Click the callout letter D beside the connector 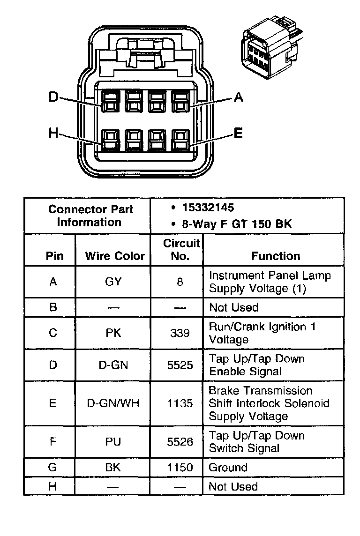coord(54,97)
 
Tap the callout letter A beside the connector coord(238,97)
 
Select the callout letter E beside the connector coord(238,134)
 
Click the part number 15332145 coord(208,208)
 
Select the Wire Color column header coord(115,256)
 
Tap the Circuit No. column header coord(181,250)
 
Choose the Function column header coord(276,256)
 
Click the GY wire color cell coord(113,282)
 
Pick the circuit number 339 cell coord(180,333)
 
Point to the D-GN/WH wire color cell coord(113,403)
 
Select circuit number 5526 coord(180,442)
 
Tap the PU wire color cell coord(113,442)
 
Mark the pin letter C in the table coord(53,333)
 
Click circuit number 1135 coord(180,403)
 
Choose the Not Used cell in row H coord(233,487)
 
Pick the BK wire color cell coord(113,468)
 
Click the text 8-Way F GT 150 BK coord(237,224)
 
